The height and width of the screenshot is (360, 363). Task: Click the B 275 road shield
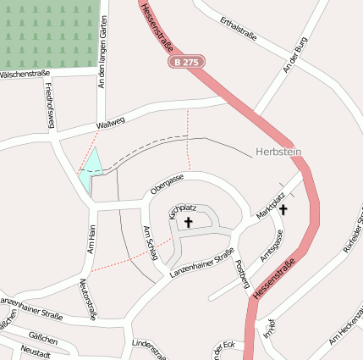click(x=187, y=62)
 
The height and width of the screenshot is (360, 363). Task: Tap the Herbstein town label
click(x=278, y=152)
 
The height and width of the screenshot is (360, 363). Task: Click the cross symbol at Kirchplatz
click(x=188, y=223)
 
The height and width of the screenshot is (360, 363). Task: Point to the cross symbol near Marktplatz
click(x=283, y=208)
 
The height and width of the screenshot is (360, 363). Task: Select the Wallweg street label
click(x=111, y=124)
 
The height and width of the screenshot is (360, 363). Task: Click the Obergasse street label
click(x=167, y=182)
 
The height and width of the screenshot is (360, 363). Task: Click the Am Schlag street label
click(x=151, y=244)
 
